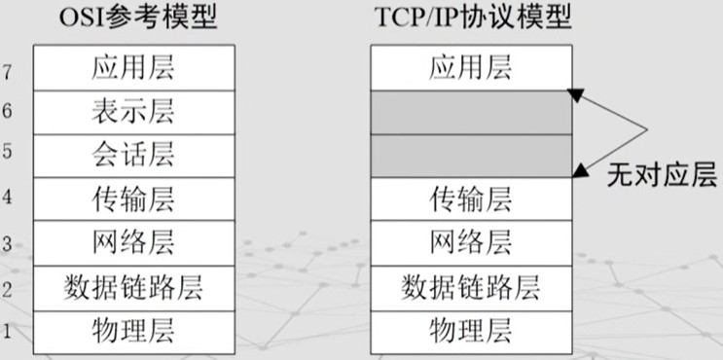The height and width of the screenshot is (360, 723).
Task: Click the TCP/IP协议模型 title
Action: tap(471, 18)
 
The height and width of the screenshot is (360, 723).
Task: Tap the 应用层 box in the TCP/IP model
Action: tap(471, 67)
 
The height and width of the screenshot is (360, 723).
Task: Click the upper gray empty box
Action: tap(471, 111)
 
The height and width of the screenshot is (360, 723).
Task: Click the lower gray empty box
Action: tap(471, 155)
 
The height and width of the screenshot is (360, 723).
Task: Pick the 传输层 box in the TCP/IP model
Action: tap(471, 199)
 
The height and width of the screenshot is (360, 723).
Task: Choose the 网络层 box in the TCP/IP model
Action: tap(471, 242)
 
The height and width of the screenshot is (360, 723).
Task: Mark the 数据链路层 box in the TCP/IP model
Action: tap(471, 287)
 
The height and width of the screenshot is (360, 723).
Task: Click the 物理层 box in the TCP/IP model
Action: tap(471, 331)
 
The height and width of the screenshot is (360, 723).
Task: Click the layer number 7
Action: tap(8, 71)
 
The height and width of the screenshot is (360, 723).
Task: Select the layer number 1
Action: tap(8, 332)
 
